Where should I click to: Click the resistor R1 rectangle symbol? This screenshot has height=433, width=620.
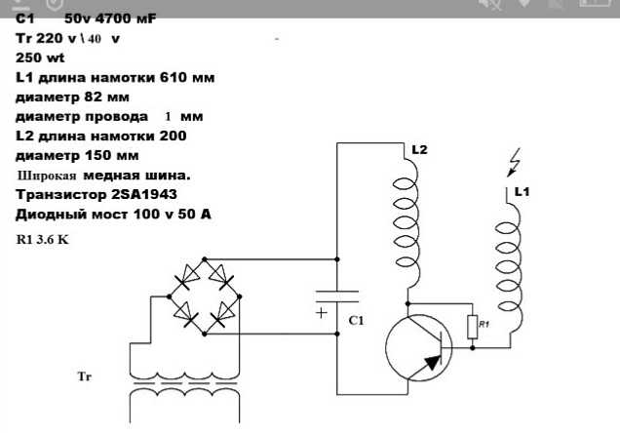tap(473, 327)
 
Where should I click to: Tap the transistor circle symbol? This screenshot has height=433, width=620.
tap(387, 348)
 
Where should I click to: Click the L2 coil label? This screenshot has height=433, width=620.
tap(419, 150)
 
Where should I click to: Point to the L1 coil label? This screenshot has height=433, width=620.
tap(522, 192)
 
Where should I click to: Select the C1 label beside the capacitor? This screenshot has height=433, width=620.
tap(356, 320)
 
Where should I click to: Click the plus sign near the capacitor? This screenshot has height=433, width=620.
tap(322, 313)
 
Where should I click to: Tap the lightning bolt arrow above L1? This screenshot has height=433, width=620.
tap(514, 162)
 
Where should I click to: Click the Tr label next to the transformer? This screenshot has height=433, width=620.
tap(85, 375)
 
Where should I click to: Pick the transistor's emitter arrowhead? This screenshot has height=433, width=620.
tap(433, 362)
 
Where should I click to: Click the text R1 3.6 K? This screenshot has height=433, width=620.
tap(42, 239)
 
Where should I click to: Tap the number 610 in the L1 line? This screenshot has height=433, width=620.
tap(174, 77)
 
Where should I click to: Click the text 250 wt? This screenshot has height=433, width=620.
tap(40, 58)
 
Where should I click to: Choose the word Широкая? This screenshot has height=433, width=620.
tap(47, 176)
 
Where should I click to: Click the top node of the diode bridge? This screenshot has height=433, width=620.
tap(205, 259)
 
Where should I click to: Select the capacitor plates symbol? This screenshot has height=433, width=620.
tap(337, 296)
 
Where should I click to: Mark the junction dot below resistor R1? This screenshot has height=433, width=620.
tap(473, 348)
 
